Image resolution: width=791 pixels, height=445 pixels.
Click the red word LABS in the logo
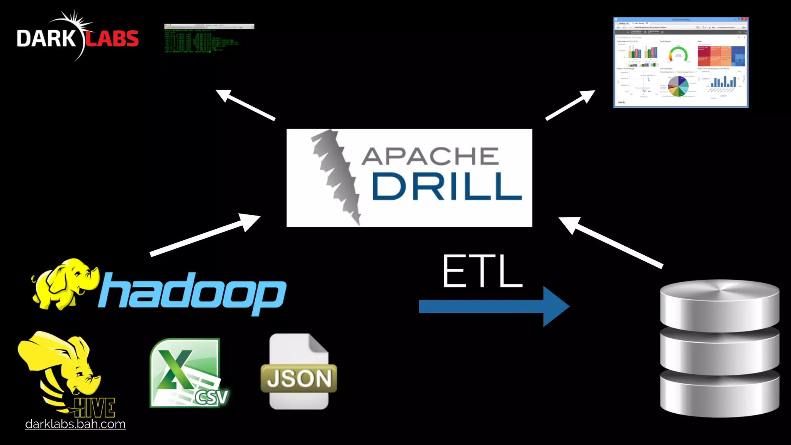(112, 39)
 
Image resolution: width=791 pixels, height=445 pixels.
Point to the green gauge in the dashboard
(678, 55)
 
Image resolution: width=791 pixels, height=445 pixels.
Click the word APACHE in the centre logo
(430, 156)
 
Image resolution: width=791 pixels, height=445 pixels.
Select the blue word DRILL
(446, 187)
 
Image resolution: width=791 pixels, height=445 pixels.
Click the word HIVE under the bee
(95, 407)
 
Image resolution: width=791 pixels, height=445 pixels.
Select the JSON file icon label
(299, 378)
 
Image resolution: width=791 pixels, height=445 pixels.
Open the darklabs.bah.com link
(75, 424)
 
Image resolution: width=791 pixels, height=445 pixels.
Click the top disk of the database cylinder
(720, 305)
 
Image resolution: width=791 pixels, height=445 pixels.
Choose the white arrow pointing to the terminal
(245, 105)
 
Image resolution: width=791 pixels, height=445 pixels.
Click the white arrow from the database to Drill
(610, 242)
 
